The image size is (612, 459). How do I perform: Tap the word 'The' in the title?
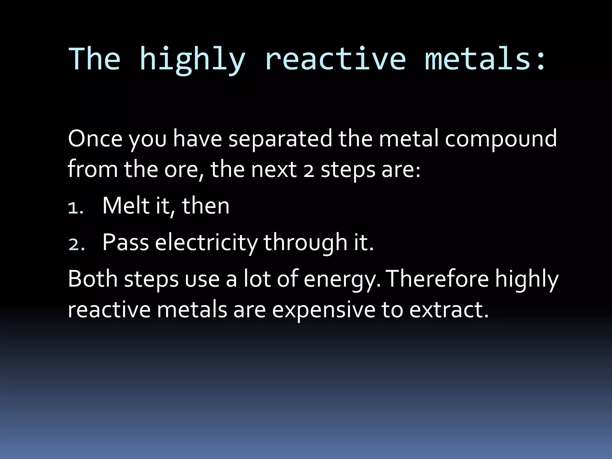[x=94, y=59]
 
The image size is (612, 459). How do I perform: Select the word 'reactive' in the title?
[x=335, y=59]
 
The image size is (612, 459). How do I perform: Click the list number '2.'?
[x=76, y=245]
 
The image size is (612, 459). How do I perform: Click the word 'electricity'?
[x=206, y=243]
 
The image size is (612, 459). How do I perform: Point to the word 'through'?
[x=305, y=243]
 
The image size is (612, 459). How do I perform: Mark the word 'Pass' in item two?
[x=126, y=242]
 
